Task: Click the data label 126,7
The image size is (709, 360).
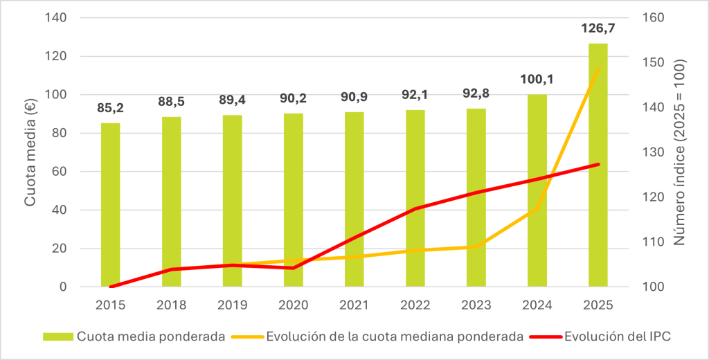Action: coord(599,29)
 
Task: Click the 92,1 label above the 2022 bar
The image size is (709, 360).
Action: coord(415,94)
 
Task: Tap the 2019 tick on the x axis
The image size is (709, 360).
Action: coord(232,304)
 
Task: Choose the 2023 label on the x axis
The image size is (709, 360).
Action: coord(476,304)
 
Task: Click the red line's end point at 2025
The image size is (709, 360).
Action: coord(598,164)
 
